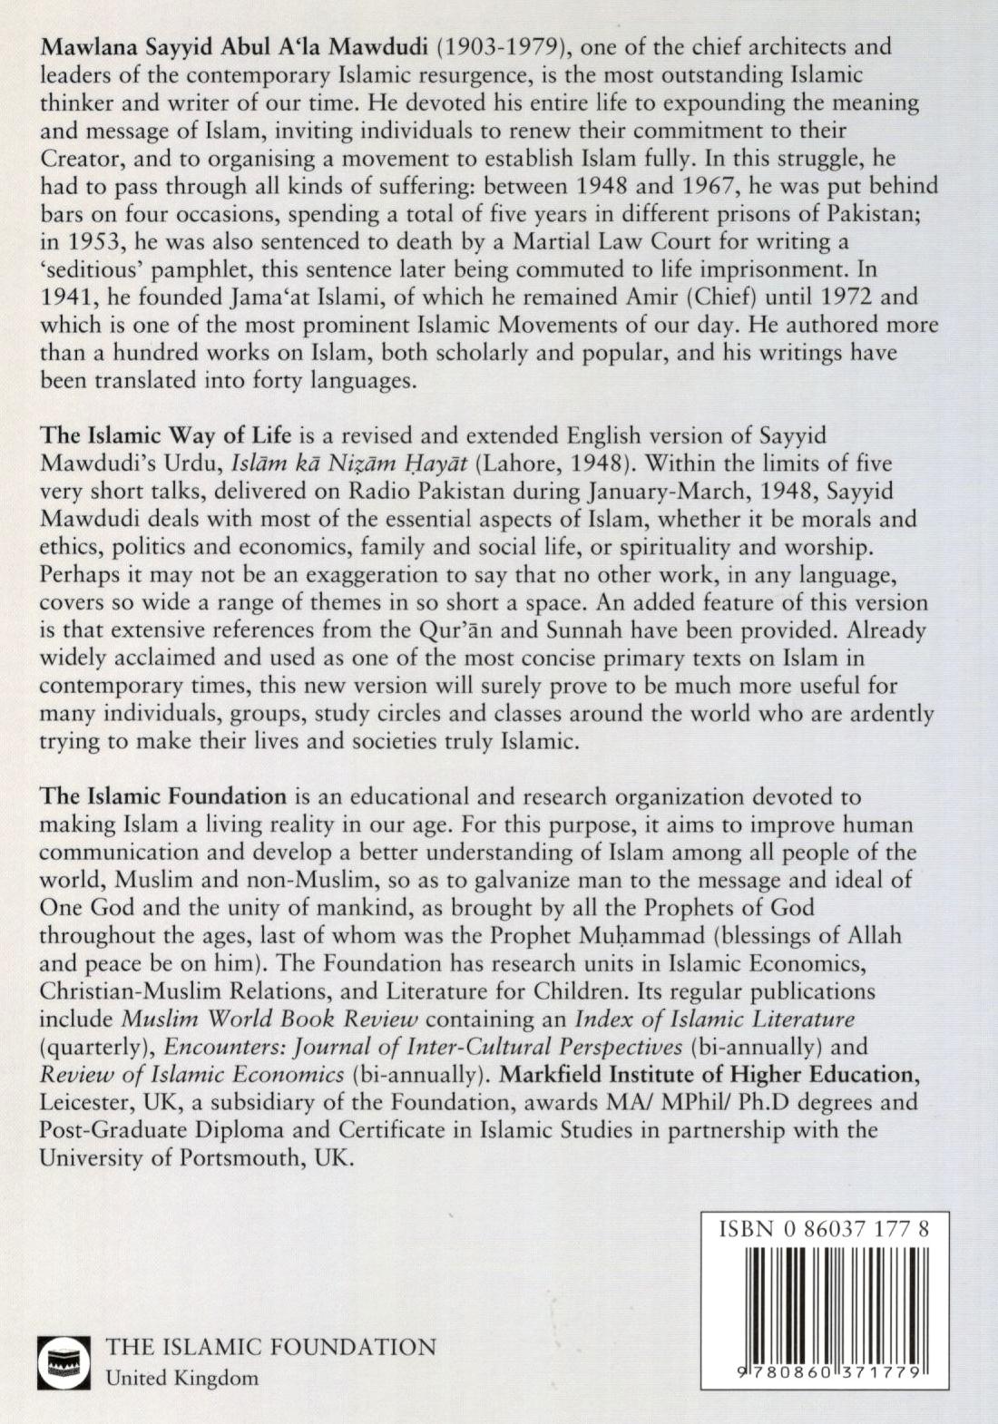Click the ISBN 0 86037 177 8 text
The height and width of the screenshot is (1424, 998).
[x=823, y=1229]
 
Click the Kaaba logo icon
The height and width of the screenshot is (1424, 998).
[x=64, y=1361]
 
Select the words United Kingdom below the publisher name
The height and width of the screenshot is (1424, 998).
[x=181, y=1378]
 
